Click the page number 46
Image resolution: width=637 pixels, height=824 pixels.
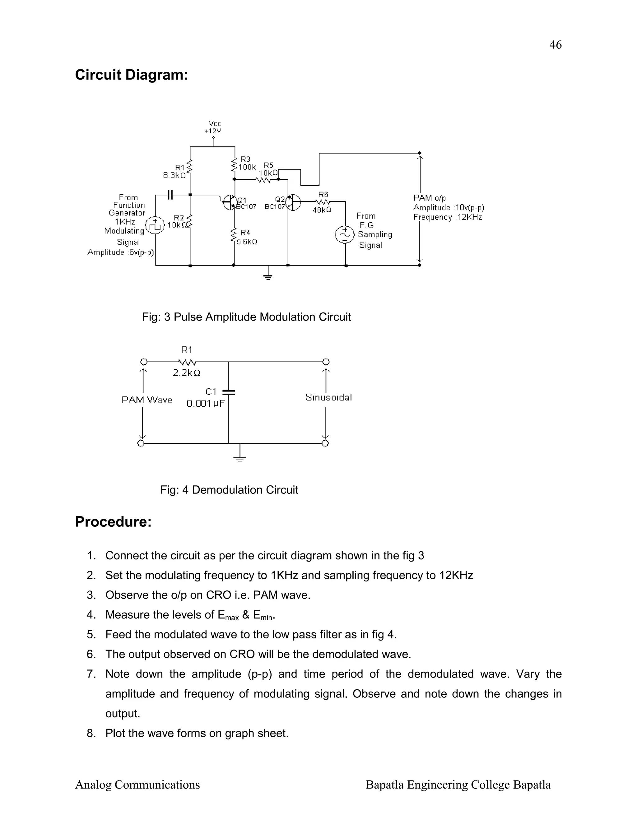click(x=555, y=45)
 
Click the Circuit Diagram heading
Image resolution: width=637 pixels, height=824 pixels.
click(x=131, y=75)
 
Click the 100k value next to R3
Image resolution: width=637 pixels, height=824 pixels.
click(x=247, y=167)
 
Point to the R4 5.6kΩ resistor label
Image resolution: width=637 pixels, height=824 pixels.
click(x=246, y=237)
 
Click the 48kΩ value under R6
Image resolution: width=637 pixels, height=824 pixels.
click(x=322, y=210)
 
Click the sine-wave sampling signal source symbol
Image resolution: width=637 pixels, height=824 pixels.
click(x=345, y=235)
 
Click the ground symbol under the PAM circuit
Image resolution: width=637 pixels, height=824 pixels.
click(x=268, y=277)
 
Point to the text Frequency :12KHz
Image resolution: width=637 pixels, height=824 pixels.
click(x=448, y=217)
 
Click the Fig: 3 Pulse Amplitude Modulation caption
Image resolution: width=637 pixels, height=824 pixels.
click(x=246, y=317)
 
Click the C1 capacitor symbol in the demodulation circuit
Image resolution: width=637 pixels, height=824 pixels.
click(x=228, y=393)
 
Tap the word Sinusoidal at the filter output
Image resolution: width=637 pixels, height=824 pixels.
click(x=328, y=397)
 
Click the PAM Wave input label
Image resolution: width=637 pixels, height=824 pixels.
click(x=147, y=400)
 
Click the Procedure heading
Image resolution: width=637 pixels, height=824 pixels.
click(x=113, y=522)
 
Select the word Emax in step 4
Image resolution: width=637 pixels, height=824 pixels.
click(x=228, y=615)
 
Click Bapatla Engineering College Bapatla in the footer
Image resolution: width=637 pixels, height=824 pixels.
click(x=458, y=785)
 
